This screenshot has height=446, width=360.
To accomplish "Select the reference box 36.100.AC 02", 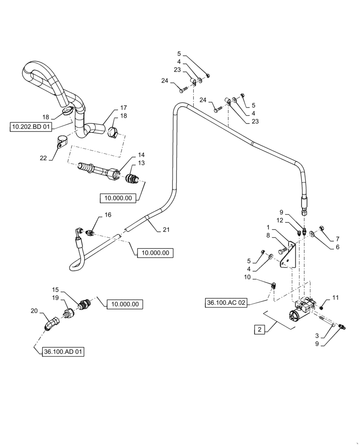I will pyautogui.click(x=226, y=302).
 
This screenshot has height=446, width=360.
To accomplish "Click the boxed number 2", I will pyautogui.click(x=259, y=330).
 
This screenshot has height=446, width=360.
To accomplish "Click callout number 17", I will pyautogui.click(x=123, y=107).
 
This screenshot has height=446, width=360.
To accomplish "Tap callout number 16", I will pyautogui.click(x=108, y=215).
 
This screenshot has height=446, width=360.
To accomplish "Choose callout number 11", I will pyautogui.click(x=335, y=297).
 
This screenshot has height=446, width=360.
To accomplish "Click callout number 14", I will pyautogui.click(x=141, y=155).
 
